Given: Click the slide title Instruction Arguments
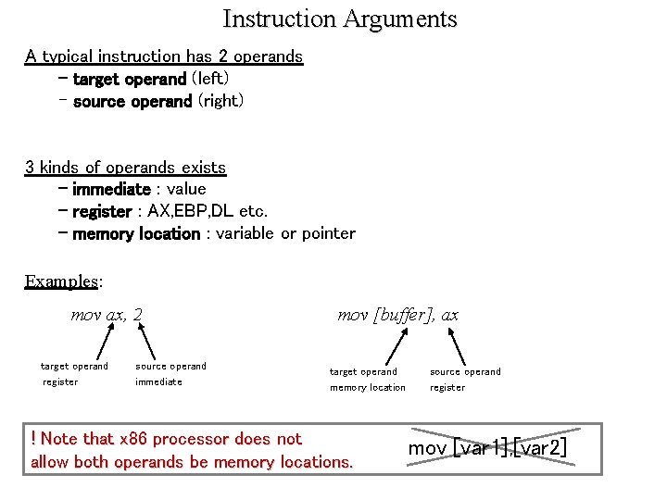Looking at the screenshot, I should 340,19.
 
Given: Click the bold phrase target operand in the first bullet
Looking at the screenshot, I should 129,79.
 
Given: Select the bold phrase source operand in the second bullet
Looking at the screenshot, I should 132,101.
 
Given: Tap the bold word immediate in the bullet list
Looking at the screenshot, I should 110,189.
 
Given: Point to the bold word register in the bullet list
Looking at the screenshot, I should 101,211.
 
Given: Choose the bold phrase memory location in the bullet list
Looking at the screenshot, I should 135,233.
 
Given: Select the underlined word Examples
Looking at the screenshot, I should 61,281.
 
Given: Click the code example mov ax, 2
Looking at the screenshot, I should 107,315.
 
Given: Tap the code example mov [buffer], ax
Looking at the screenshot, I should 397,315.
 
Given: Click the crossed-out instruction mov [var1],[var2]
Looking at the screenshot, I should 487,449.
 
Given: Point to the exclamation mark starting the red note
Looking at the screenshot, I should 33,439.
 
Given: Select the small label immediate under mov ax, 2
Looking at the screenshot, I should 158,381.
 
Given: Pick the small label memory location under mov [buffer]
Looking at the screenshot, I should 368,387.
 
